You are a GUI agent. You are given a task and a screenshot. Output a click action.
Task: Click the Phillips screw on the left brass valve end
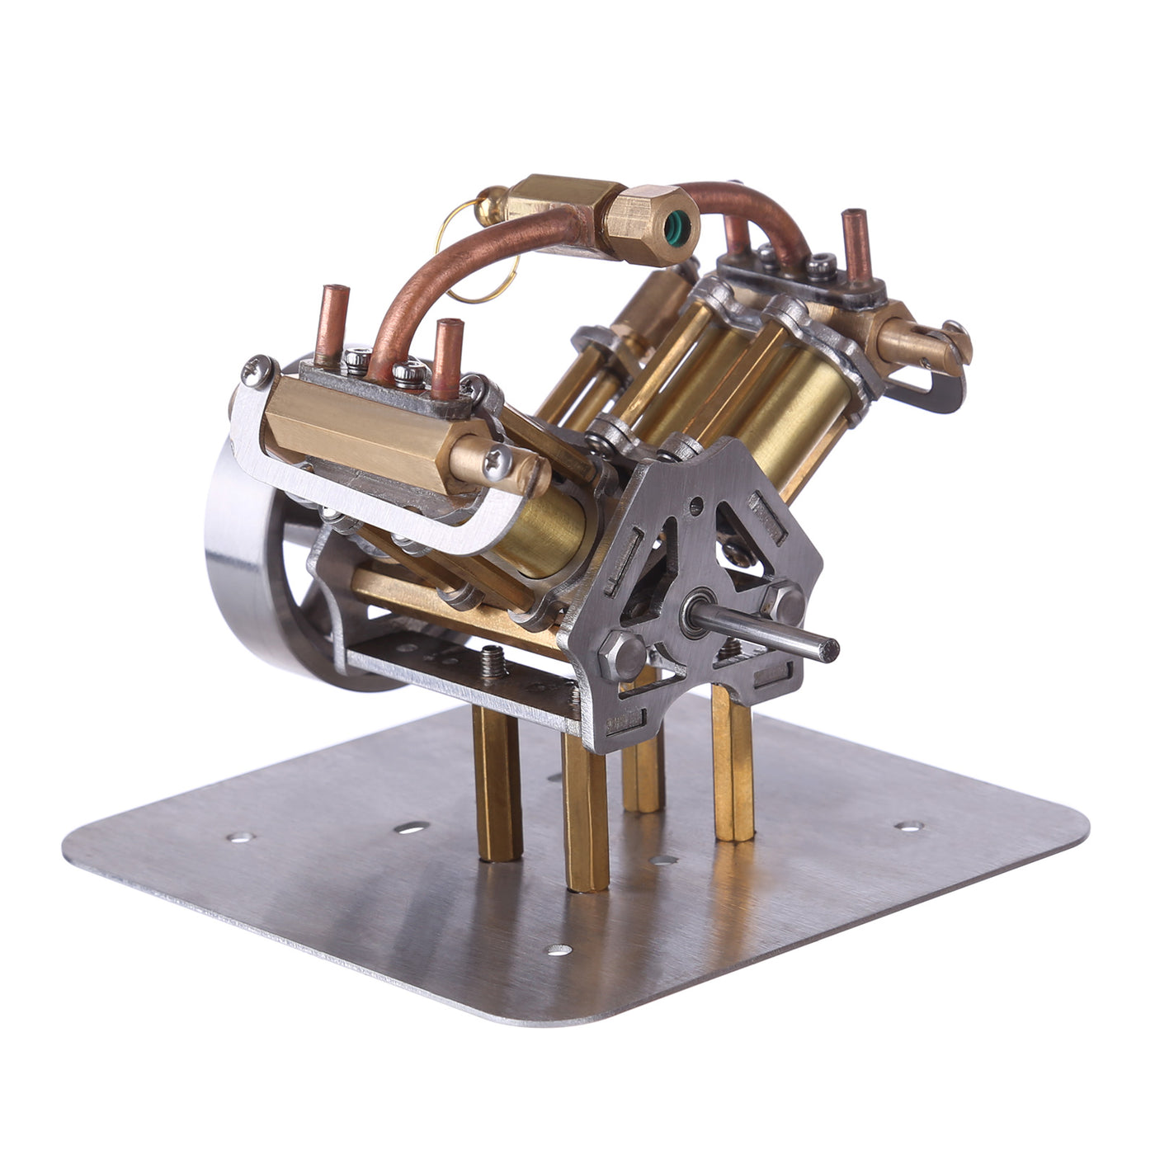(x=498, y=467)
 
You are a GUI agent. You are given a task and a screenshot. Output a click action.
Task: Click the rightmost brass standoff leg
(x=733, y=767)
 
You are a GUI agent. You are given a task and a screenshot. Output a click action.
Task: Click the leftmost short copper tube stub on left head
(x=333, y=322)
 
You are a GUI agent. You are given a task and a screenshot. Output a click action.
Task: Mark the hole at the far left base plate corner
(x=240, y=837)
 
